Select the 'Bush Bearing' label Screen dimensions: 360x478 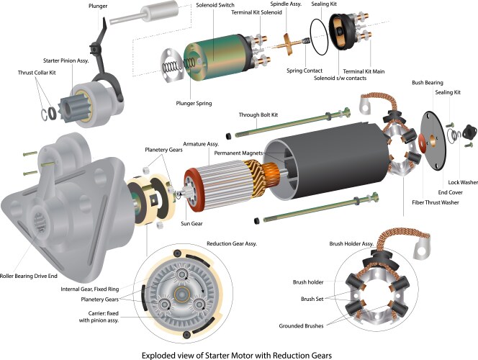[x=428, y=82]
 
